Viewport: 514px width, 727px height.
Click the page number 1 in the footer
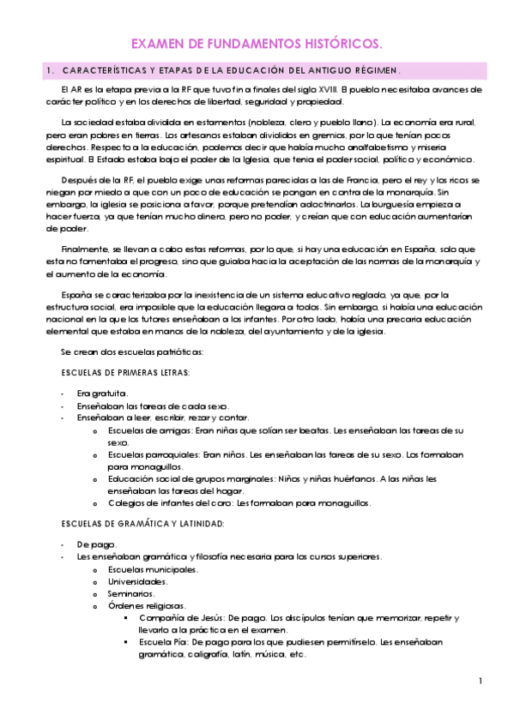point(481,681)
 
